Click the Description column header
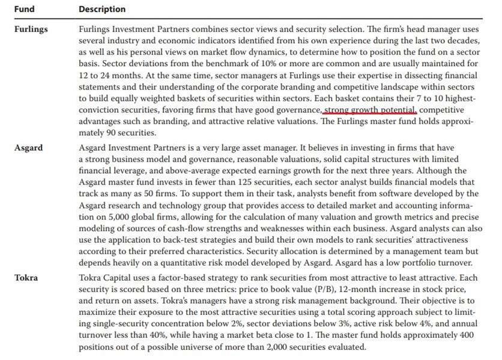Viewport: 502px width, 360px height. point(102,9)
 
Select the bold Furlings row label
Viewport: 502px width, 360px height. point(31,29)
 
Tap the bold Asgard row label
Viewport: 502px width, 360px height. point(28,147)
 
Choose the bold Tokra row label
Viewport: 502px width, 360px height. point(26,277)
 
